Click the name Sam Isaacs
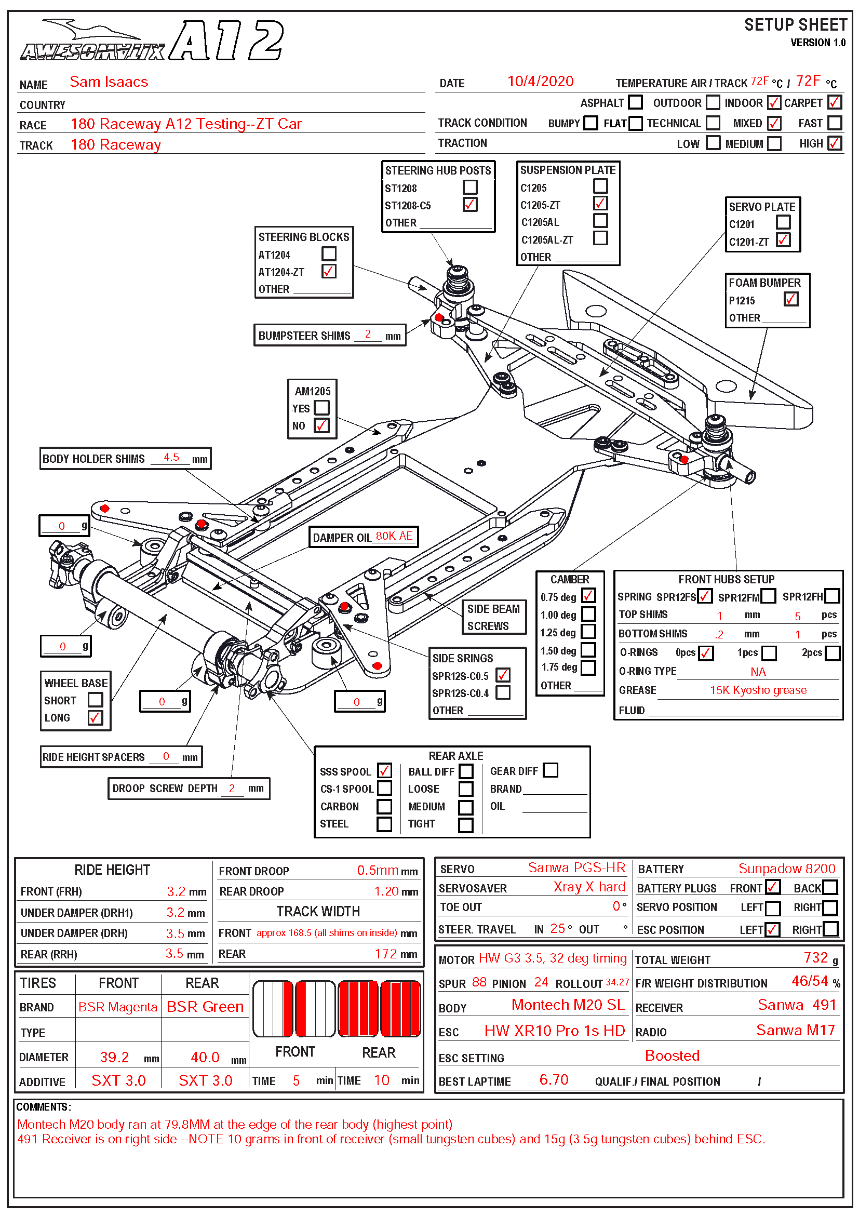pos(109,82)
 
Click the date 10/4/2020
pos(540,82)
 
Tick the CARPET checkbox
pos(834,102)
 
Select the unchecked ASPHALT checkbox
pos(635,102)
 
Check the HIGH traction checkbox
pos(834,143)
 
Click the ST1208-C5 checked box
pos(469,205)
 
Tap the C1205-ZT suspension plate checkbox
pos(600,204)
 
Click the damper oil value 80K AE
pos(394,536)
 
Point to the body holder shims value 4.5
pos(171,458)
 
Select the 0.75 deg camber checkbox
pos(588,596)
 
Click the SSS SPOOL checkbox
pos(384,771)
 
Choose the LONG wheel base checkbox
pos(95,718)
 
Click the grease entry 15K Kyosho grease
pos(758,690)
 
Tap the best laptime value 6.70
pos(553,1080)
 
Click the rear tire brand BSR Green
pos(205,1007)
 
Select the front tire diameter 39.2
pos(114,1058)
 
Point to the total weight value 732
pos(815,958)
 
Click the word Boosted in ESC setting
pos(672,1056)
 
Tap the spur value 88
pos(479,983)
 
